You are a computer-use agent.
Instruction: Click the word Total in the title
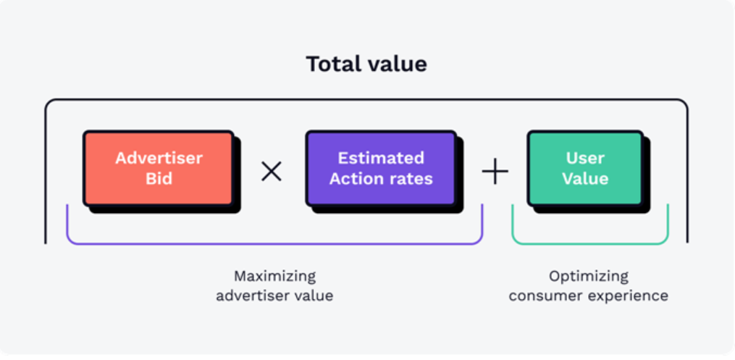tap(333, 64)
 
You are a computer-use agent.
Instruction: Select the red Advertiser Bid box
tap(159, 168)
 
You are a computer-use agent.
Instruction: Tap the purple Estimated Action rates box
tap(381, 168)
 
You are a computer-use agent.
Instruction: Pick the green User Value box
tap(585, 168)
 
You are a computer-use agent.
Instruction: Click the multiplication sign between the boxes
tap(272, 172)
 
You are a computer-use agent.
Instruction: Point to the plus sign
tap(495, 172)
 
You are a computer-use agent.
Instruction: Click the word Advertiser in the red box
tap(159, 158)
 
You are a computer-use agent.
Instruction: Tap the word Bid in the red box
tap(159, 179)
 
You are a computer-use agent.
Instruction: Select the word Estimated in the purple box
tap(381, 158)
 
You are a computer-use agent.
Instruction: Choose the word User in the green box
tap(585, 158)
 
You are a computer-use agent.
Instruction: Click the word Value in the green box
tap(585, 179)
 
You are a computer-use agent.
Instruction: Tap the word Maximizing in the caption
tap(274, 277)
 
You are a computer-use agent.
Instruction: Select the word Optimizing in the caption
tap(589, 277)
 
